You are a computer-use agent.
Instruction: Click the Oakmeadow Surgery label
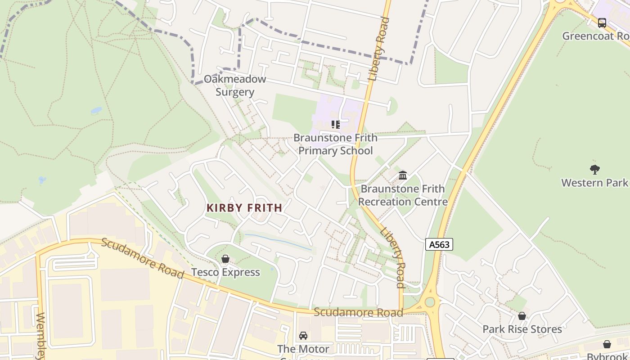[x=235, y=85]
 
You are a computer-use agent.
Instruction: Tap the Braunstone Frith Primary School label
[x=336, y=144]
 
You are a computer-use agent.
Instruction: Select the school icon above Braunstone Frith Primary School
[x=336, y=125]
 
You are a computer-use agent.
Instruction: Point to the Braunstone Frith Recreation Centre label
[x=403, y=195]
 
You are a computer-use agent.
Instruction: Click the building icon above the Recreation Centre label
[x=403, y=175]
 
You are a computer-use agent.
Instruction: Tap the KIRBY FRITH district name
[x=244, y=208]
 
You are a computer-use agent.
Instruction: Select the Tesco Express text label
[x=225, y=272]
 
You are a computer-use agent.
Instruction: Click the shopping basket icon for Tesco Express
[x=225, y=259]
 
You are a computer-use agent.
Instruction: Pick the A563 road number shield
[x=439, y=244]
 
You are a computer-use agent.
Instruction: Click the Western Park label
[x=594, y=183]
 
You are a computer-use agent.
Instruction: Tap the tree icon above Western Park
[x=594, y=170]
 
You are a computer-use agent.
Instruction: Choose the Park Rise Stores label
[x=522, y=329]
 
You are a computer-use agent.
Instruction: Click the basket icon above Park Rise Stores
[x=522, y=316]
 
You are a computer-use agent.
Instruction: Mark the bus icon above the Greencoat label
[x=602, y=22]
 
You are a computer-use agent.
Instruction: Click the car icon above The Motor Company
[x=303, y=336]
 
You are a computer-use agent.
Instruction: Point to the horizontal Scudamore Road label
[x=358, y=312]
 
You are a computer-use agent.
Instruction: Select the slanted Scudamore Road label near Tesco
[x=142, y=258]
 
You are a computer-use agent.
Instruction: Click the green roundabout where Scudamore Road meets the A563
[x=430, y=302]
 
